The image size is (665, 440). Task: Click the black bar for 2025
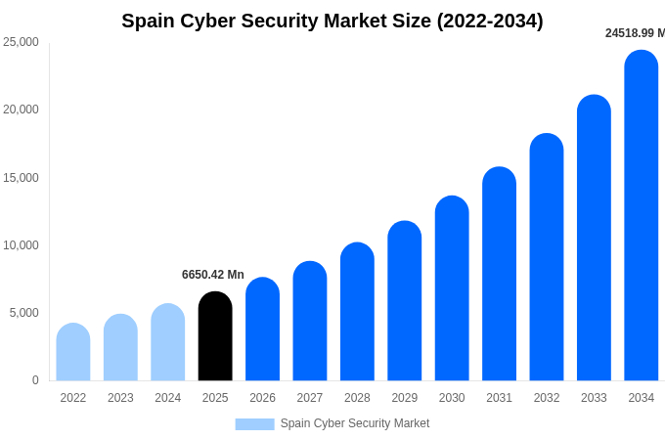point(215,336)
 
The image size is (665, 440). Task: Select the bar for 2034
point(642,215)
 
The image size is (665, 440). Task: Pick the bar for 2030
point(452,288)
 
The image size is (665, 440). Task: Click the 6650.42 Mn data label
point(213,275)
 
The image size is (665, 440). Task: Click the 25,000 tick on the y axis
point(22,42)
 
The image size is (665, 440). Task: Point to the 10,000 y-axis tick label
point(22,245)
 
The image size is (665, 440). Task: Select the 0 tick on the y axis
point(35,380)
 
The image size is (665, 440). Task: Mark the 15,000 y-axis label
point(22,178)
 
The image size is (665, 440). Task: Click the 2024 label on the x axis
point(168,398)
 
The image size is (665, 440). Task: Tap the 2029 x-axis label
point(405,398)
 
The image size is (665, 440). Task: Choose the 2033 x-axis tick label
point(594,398)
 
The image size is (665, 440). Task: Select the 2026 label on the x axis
point(262,398)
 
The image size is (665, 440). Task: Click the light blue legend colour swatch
point(254,424)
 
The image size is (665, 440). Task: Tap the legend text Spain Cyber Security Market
point(355,423)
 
